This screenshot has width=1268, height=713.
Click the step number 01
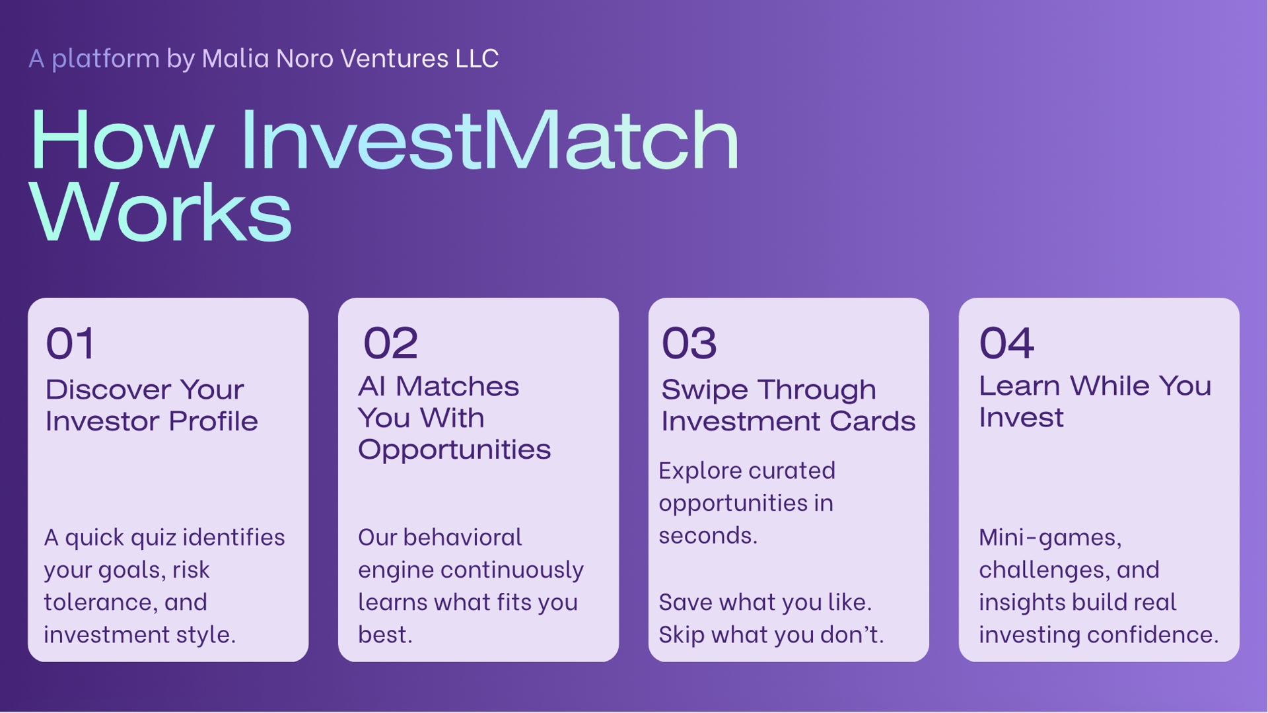click(70, 343)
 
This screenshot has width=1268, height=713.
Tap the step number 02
click(390, 343)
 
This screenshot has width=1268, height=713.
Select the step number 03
click(689, 343)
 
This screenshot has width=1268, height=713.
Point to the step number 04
click(1006, 343)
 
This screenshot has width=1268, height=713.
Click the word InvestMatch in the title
click(489, 140)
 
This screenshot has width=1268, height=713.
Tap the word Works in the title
click(160, 213)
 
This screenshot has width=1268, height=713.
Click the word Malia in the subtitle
click(235, 58)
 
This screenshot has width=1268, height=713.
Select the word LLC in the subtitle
click(477, 58)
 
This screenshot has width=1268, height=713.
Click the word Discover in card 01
click(108, 390)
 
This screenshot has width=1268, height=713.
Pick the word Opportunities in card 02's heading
click(454, 450)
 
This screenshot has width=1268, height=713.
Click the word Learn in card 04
click(1020, 386)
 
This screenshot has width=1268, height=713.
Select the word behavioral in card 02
click(462, 537)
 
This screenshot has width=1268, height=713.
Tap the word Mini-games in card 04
click(1050, 538)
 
